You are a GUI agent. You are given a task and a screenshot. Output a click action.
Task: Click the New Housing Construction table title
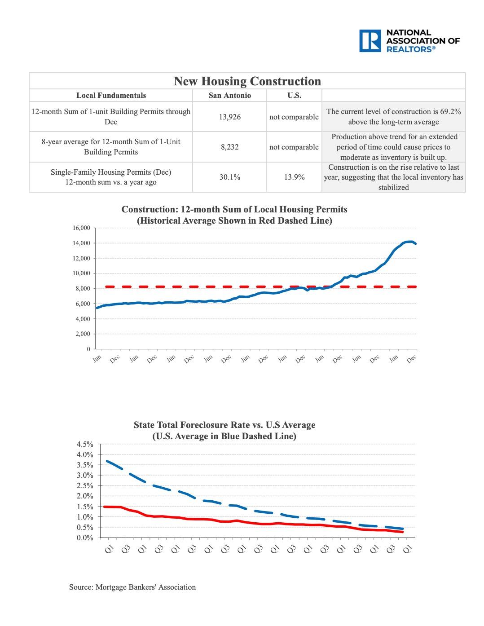(x=247, y=81)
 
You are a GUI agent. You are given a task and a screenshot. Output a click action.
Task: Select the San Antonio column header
(x=229, y=95)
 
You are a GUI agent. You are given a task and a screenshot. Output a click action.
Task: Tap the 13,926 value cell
(x=229, y=117)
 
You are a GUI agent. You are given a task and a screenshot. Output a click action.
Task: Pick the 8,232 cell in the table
(x=229, y=147)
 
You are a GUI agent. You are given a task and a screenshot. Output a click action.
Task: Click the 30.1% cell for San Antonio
(x=229, y=177)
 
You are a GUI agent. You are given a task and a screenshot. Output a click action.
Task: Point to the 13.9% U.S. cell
(x=294, y=177)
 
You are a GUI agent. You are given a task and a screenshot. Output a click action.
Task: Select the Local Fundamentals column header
(x=111, y=95)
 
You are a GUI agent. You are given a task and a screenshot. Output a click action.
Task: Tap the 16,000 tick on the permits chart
(x=81, y=228)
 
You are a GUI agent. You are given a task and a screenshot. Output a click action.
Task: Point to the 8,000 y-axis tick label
(x=83, y=288)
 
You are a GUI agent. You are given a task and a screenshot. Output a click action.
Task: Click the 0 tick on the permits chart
(x=88, y=349)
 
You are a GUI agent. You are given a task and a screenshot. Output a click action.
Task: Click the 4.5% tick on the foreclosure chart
(x=85, y=444)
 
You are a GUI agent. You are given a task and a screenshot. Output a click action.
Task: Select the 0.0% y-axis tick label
(x=85, y=538)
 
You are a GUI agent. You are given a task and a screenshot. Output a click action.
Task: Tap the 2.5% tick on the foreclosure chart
(x=85, y=485)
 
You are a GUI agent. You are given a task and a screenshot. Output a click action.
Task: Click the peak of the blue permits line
(x=409, y=242)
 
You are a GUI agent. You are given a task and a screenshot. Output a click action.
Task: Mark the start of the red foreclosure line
(x=104, y=507)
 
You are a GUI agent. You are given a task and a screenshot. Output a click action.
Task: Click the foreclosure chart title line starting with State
(x=224, y=425)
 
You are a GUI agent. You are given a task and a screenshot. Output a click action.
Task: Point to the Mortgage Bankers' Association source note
(x=132, y=587)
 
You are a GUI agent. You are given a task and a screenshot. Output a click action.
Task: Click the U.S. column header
(x=294, y=95)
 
